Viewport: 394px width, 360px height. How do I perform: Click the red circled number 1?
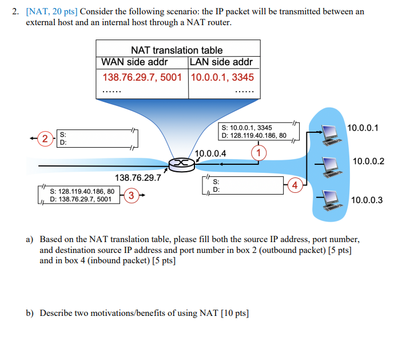point(259,152)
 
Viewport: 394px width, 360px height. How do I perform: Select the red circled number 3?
point(131,195)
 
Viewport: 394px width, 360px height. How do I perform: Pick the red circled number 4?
point(295,185)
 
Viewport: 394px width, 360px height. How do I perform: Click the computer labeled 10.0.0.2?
point(330,165)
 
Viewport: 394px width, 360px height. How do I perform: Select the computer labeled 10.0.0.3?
point(330,198)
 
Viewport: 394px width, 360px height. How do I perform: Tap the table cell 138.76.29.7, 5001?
point(142,77)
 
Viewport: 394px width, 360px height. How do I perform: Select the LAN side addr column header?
point(221,62)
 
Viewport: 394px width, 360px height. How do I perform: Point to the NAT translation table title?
point(177,50)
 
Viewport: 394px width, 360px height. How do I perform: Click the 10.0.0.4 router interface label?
point(210,153)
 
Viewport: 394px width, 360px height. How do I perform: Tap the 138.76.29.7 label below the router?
point(138,178)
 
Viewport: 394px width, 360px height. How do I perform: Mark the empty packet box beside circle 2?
point(94,139)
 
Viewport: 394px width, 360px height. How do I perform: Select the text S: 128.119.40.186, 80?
point(82,191)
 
